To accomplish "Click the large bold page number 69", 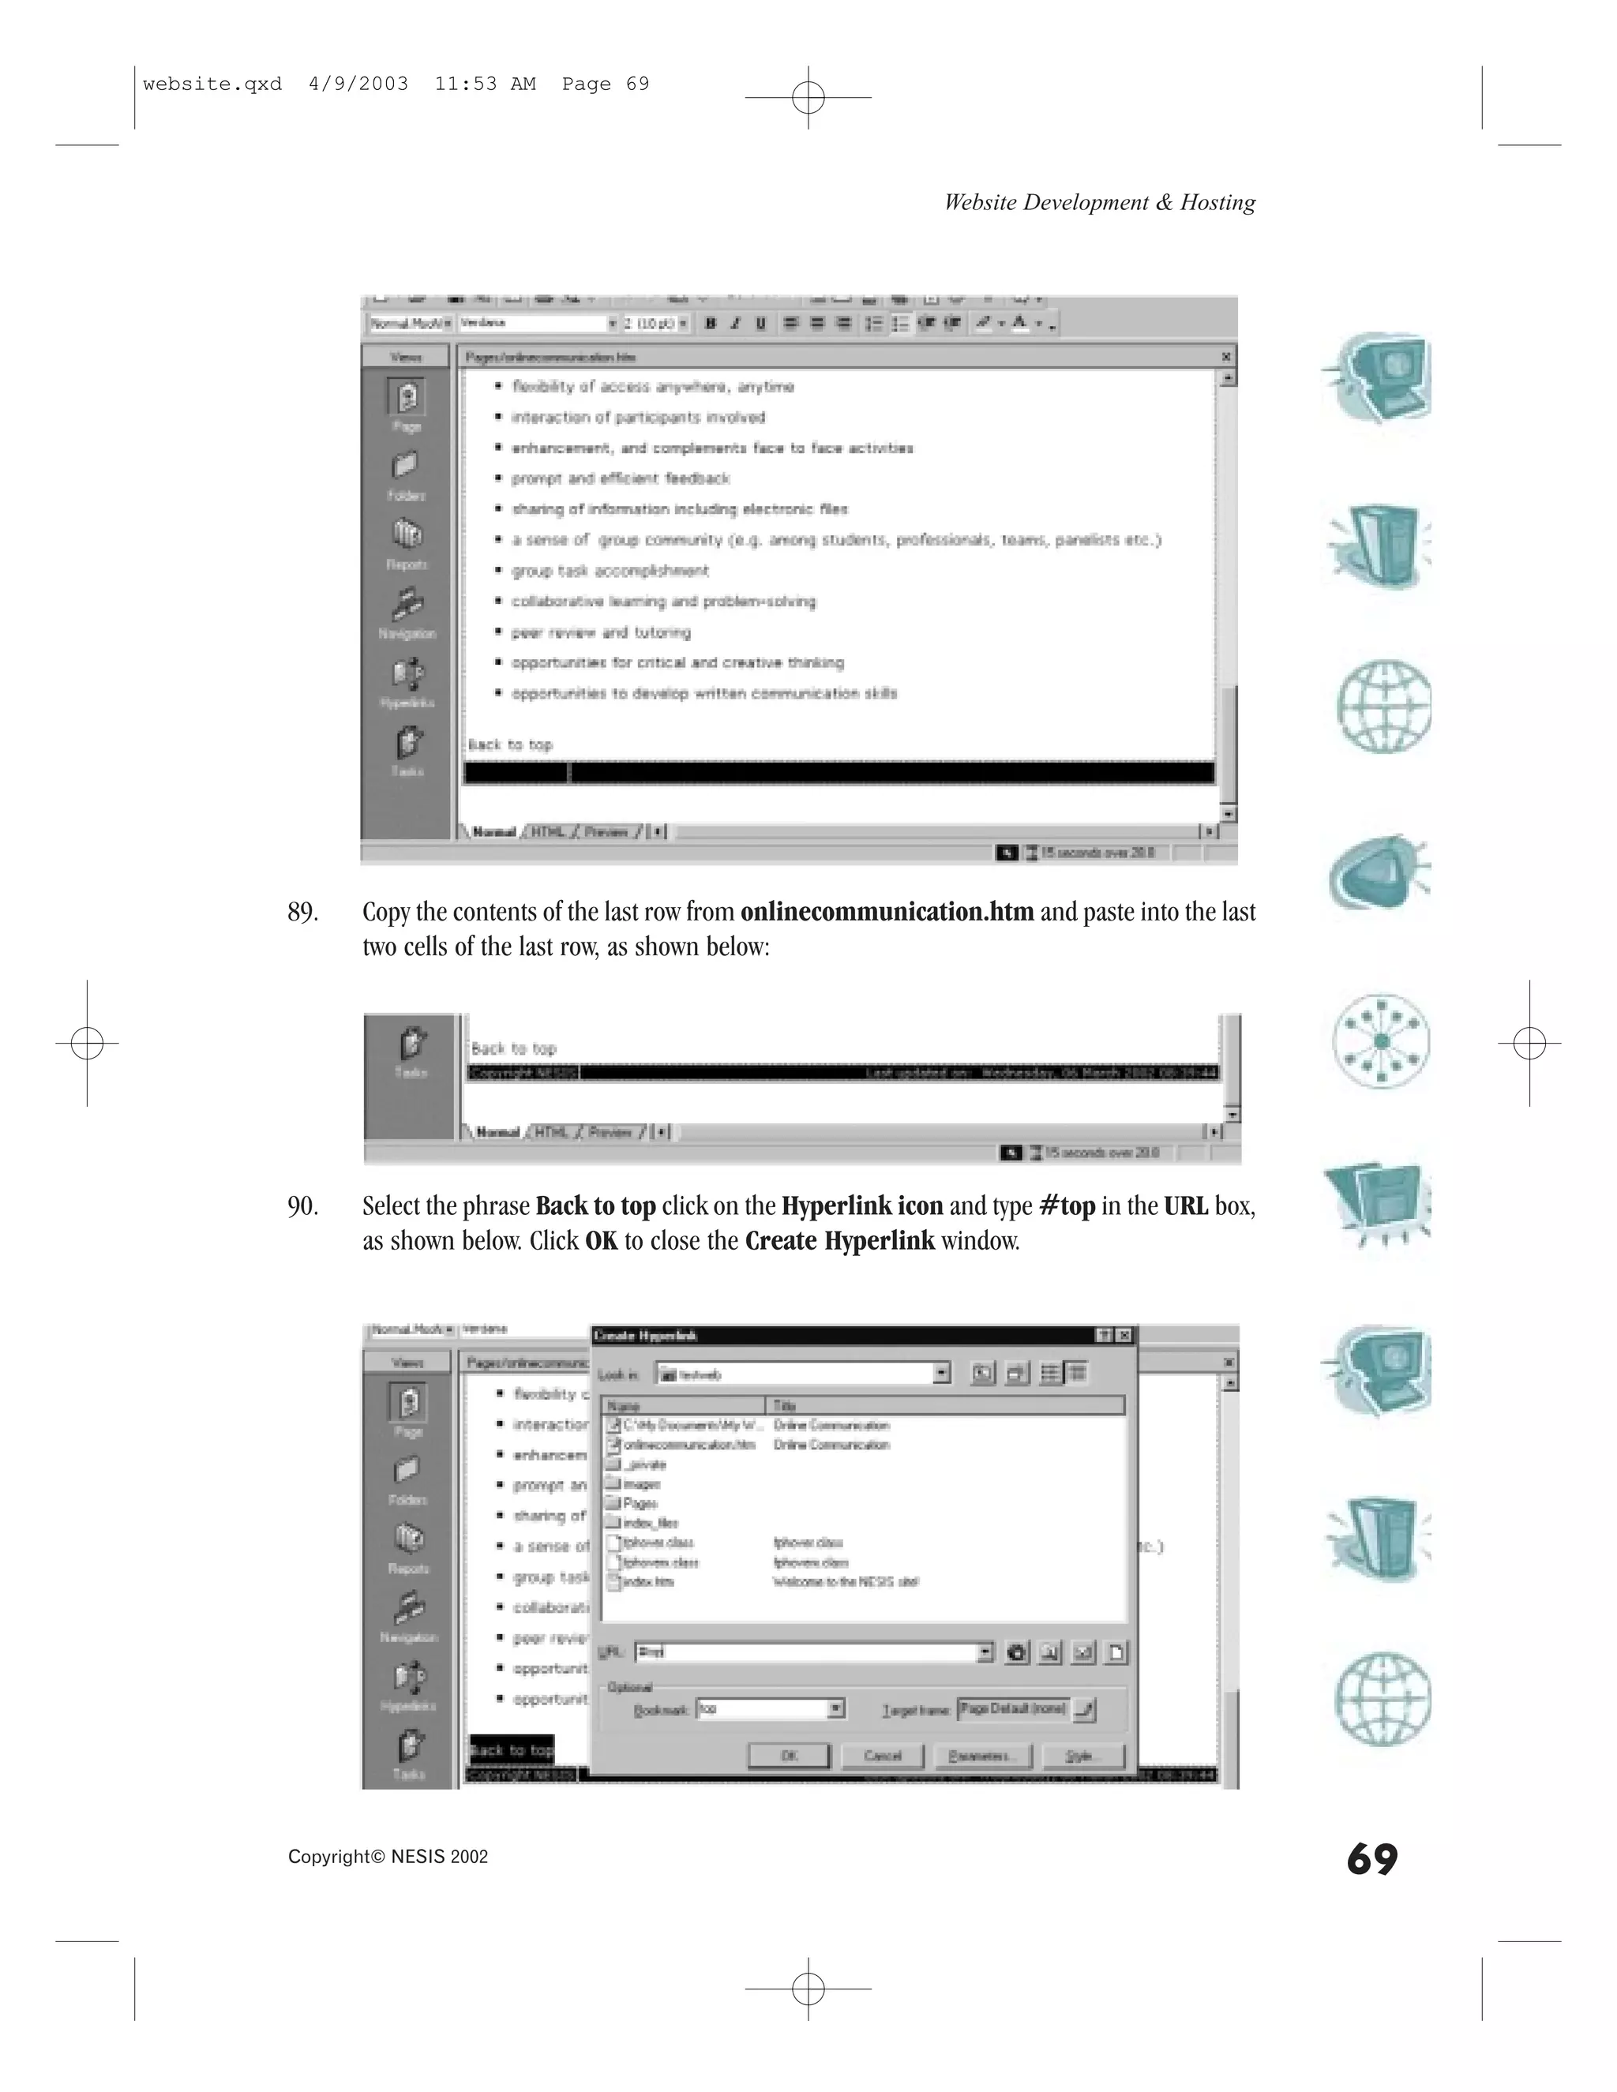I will (1371, 1859).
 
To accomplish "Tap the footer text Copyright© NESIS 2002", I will (388, 1857).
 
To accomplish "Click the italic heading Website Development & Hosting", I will (1100, 202).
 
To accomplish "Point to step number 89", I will (302, 912).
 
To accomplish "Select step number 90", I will (302, 1206).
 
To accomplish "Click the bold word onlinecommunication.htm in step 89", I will (887, 912).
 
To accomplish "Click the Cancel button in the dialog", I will (882, 1756).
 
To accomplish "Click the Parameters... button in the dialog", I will (976, 1756).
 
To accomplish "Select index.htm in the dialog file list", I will (648, 1581).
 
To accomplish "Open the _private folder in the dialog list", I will (647, 1464).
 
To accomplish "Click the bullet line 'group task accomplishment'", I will (610, 571).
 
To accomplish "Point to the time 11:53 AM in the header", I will (485, 84).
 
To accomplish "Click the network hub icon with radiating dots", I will (1380, 1041).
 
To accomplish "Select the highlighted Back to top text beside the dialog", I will (512, 1750).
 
